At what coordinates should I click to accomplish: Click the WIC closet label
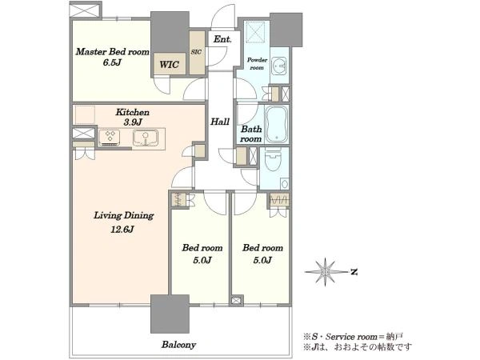click(169, 65)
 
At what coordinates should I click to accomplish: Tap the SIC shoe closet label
click(196, 52)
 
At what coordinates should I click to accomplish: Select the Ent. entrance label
click(222, 39)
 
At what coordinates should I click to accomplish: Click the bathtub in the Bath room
click(277, 124)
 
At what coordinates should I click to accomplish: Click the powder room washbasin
click(279, 66)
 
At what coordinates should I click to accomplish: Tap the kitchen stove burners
click(110, 137)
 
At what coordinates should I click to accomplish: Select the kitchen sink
click(146, 138)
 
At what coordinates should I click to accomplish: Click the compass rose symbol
click(326, 271)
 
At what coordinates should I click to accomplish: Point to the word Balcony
click(178, 345)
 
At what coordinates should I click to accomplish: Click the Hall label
click(220, 122)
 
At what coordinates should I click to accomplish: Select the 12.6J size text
click(122, 229)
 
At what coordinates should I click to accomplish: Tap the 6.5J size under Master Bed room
click(112, 62)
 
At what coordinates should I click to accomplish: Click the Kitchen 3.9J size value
click(133, 122)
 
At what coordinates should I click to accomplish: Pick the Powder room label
click(257, 64)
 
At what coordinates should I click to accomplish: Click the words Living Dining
click(124, 216)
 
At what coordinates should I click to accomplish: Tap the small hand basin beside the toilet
click(284, 184)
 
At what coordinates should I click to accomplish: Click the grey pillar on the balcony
click(170, 314)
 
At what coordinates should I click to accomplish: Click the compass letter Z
click(354, 271)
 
